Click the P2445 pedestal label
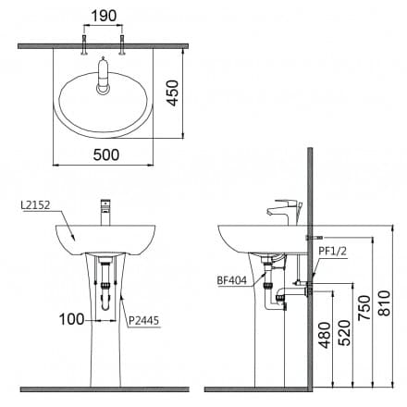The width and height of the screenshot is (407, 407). point(143,321)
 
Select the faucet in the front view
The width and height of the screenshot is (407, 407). point(105,211)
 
